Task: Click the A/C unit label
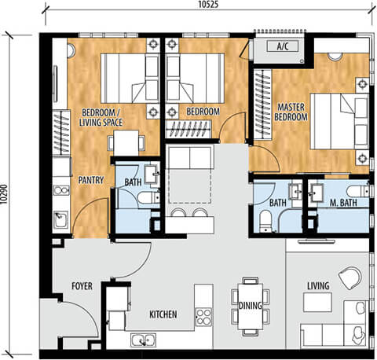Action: pos(283,46)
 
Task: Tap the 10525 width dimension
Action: pos(208,5)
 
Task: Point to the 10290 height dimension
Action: pos(4,194)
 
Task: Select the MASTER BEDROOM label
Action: pos(291,112)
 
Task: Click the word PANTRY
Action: pos(91,180)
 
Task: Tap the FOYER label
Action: pos(82,286)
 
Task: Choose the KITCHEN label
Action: pos(163,314)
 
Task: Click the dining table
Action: pos(251,307)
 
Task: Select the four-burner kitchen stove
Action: pos(203,317)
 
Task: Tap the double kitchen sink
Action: pos(143,340)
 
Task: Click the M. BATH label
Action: pos(343,203)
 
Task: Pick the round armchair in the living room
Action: pos(350,278)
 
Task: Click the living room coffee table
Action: pos(317,302)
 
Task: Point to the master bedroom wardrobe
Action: pos(262,105)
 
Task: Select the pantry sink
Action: pos(61,219)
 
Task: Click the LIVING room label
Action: pos(318,286)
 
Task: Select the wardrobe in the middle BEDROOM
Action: pos(188,129)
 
